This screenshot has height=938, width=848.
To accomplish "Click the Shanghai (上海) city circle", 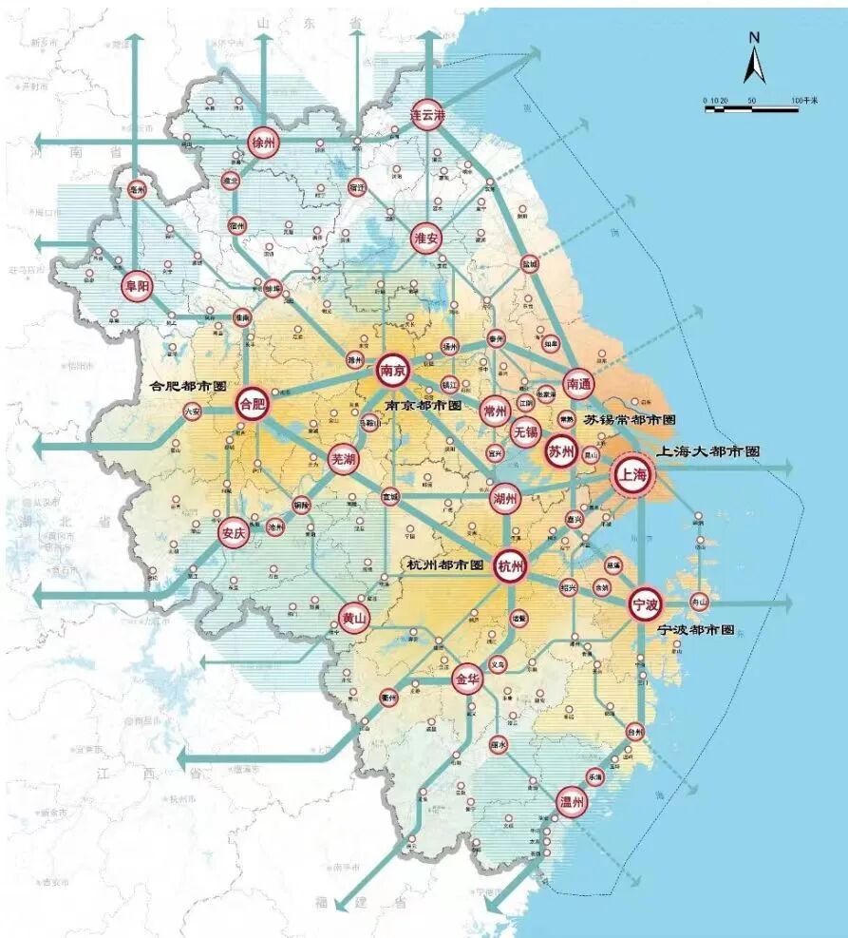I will (633, 473).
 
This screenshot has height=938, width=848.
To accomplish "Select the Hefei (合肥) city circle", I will (252, 404).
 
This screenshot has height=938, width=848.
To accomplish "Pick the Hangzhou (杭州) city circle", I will (510, 566).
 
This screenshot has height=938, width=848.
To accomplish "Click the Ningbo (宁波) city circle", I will (645, 602).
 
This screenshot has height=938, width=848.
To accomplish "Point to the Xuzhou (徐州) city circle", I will (263, 142).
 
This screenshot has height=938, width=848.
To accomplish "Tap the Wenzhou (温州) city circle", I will (572, 801).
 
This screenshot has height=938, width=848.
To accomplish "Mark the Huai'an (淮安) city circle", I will (426, 238).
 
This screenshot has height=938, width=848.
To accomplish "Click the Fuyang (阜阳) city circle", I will (137, 285).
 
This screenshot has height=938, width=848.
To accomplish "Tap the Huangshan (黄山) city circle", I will (353, 618).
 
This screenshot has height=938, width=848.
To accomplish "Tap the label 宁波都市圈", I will (696, 629).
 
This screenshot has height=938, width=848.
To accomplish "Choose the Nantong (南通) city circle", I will (578, 383).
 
